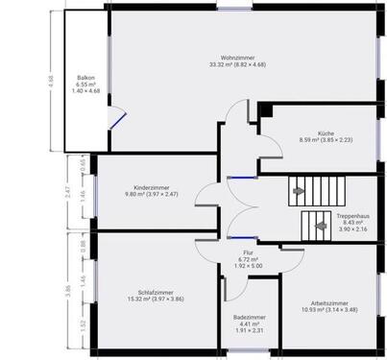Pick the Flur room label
(x=248, y=252)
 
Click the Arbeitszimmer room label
(x=326, y=301)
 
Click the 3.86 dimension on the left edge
(x=68, y=288)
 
